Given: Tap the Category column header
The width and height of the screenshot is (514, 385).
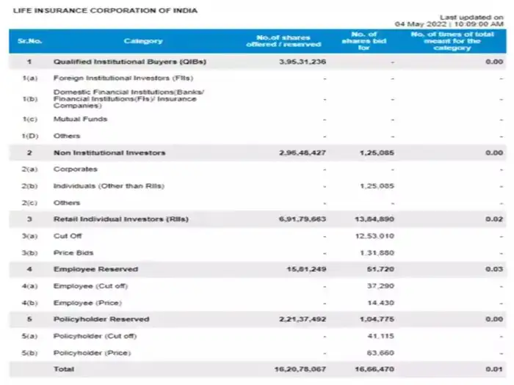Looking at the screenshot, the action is click(x=143, y=41).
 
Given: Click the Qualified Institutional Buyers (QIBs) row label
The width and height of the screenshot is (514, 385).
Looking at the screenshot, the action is click(x=129, y=62).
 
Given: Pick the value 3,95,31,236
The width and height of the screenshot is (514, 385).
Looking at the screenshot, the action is click(x=299, y=62).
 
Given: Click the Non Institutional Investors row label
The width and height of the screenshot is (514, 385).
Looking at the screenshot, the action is click(x=109, y=153).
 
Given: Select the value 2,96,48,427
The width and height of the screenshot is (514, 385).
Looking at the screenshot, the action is click(x=299, y=153).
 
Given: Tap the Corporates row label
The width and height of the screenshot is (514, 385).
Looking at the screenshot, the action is click(x=75, y=169).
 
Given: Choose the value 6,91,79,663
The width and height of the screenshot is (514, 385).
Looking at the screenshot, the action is click(x=299, y=219).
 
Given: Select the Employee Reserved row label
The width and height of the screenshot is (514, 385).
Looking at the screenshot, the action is click(x=95, y=269).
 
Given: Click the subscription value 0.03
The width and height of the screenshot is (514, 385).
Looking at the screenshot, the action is click(x=493, y=269).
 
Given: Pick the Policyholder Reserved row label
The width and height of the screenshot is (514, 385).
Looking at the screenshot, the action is click(x=102, y=319).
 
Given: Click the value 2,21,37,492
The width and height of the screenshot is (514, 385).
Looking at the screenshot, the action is click(x=299, y=319).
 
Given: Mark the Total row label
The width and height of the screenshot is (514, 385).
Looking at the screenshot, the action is click(x=63, y=370).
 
